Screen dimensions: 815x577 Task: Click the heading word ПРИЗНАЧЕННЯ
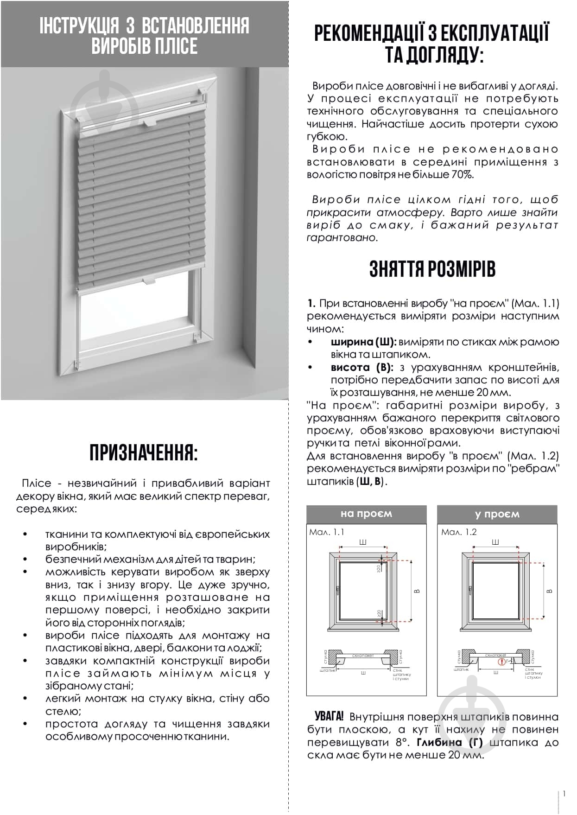(143, 453)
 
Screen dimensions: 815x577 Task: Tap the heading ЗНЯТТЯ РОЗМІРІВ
(432, 269)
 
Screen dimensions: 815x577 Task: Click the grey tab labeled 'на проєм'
(366, 514)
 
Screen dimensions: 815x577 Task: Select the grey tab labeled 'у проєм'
(497, 514)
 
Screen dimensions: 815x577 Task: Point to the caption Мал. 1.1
(327, 532)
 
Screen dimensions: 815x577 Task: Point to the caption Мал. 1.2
(459, 532)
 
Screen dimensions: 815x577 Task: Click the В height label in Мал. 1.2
(550, 591)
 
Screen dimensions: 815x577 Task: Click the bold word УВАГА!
(329, 716)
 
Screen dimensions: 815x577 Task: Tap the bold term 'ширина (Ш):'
(363, 342)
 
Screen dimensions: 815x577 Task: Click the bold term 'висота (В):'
(361, 368)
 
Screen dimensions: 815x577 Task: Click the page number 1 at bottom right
(564, 794)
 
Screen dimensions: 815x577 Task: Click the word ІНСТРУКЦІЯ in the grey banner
(79, 26)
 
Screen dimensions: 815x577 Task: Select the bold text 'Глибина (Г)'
(450, 742)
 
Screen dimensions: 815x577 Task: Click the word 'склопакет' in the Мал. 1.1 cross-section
(363, 656)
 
